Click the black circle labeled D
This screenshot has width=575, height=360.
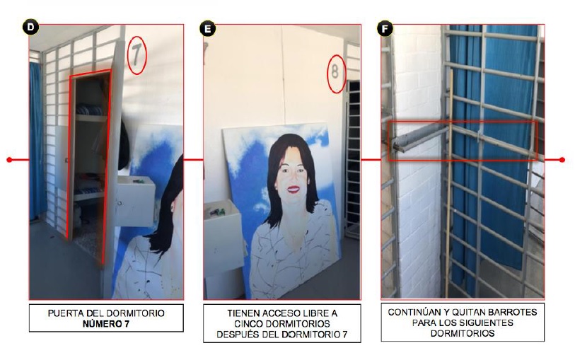tap(30, 28)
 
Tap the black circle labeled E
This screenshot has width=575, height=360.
tap(207, 28)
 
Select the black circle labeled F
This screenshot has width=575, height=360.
tap(385, 28)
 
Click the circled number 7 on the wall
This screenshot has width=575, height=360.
tap(137, 55)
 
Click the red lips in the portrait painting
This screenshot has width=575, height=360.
tap(294, 189)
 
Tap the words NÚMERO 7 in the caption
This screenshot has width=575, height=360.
tap(106, 324)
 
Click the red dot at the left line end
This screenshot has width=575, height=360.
tap(9, 160)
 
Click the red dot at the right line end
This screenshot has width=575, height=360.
tap(562, 160)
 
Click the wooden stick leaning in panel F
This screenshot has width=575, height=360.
tap(449, 183)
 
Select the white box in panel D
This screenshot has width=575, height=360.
tap(136, 201)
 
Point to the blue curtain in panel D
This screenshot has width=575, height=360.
tap(35, 141)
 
